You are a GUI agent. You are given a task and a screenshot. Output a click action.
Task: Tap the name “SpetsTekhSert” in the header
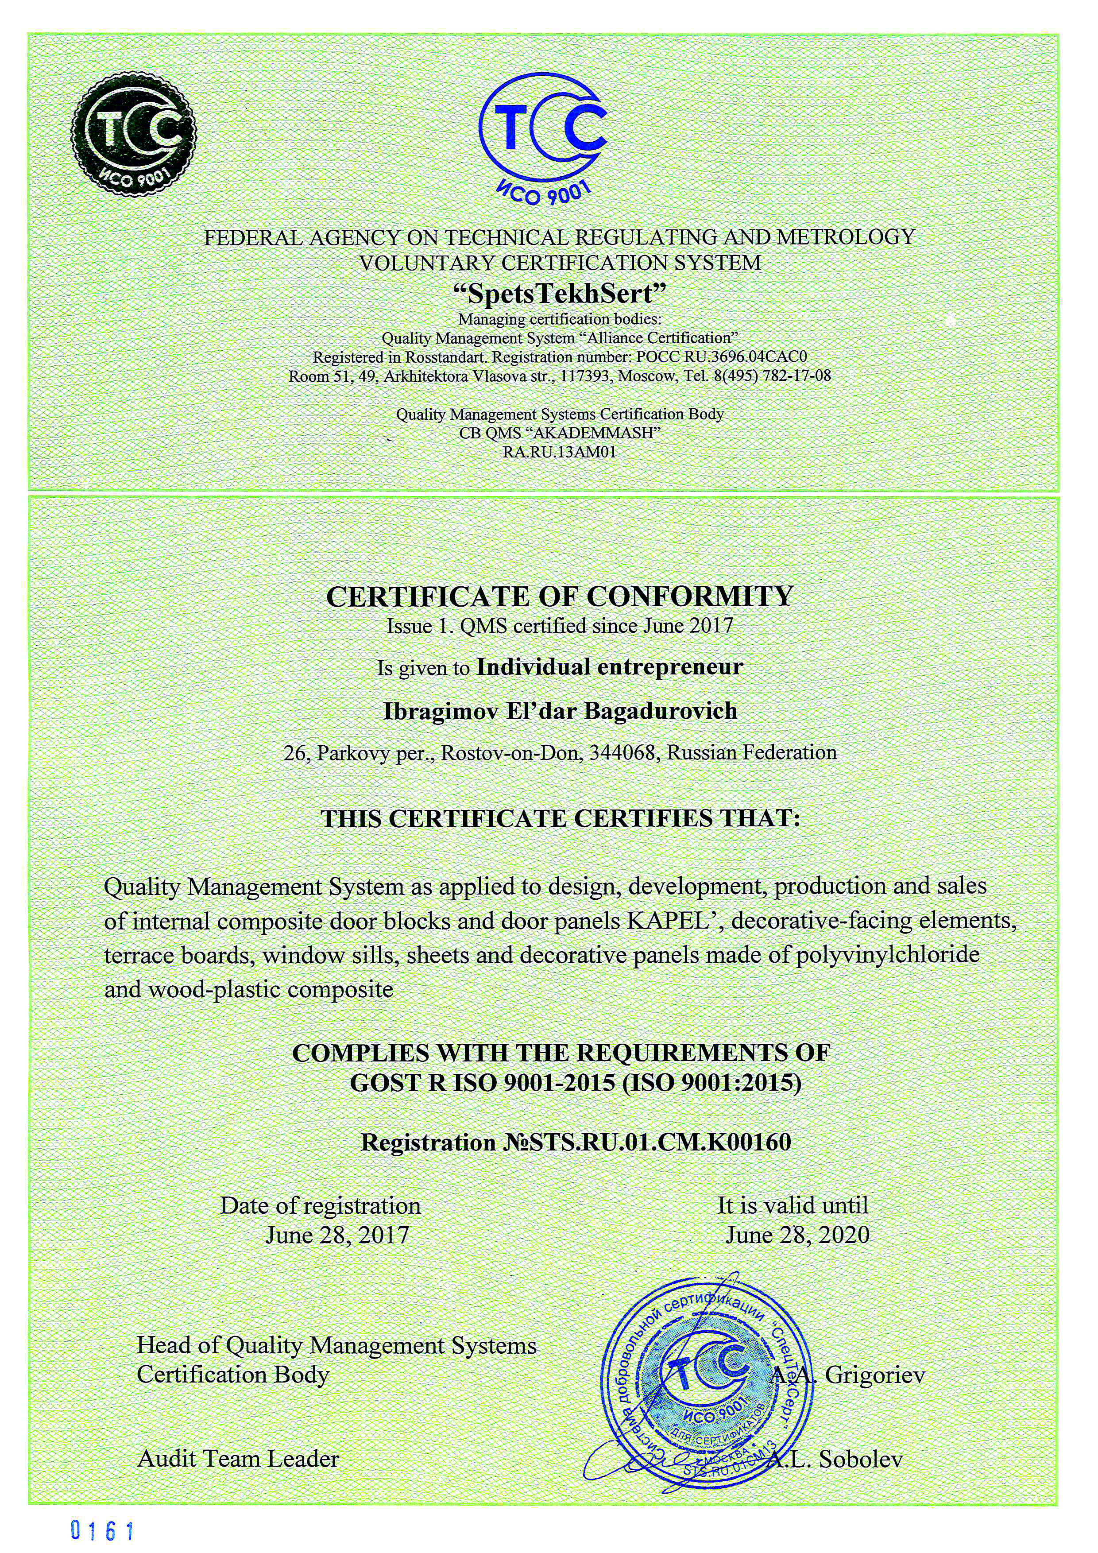[560, 294]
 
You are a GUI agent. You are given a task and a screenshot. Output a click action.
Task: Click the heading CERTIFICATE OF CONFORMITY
[560, 596]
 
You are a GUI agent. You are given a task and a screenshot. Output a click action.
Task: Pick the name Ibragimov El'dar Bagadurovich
[560, 711]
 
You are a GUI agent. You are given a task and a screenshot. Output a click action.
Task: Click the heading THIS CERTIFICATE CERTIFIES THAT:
[560, 819]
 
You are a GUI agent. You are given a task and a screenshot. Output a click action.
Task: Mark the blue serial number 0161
[103, 1531]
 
